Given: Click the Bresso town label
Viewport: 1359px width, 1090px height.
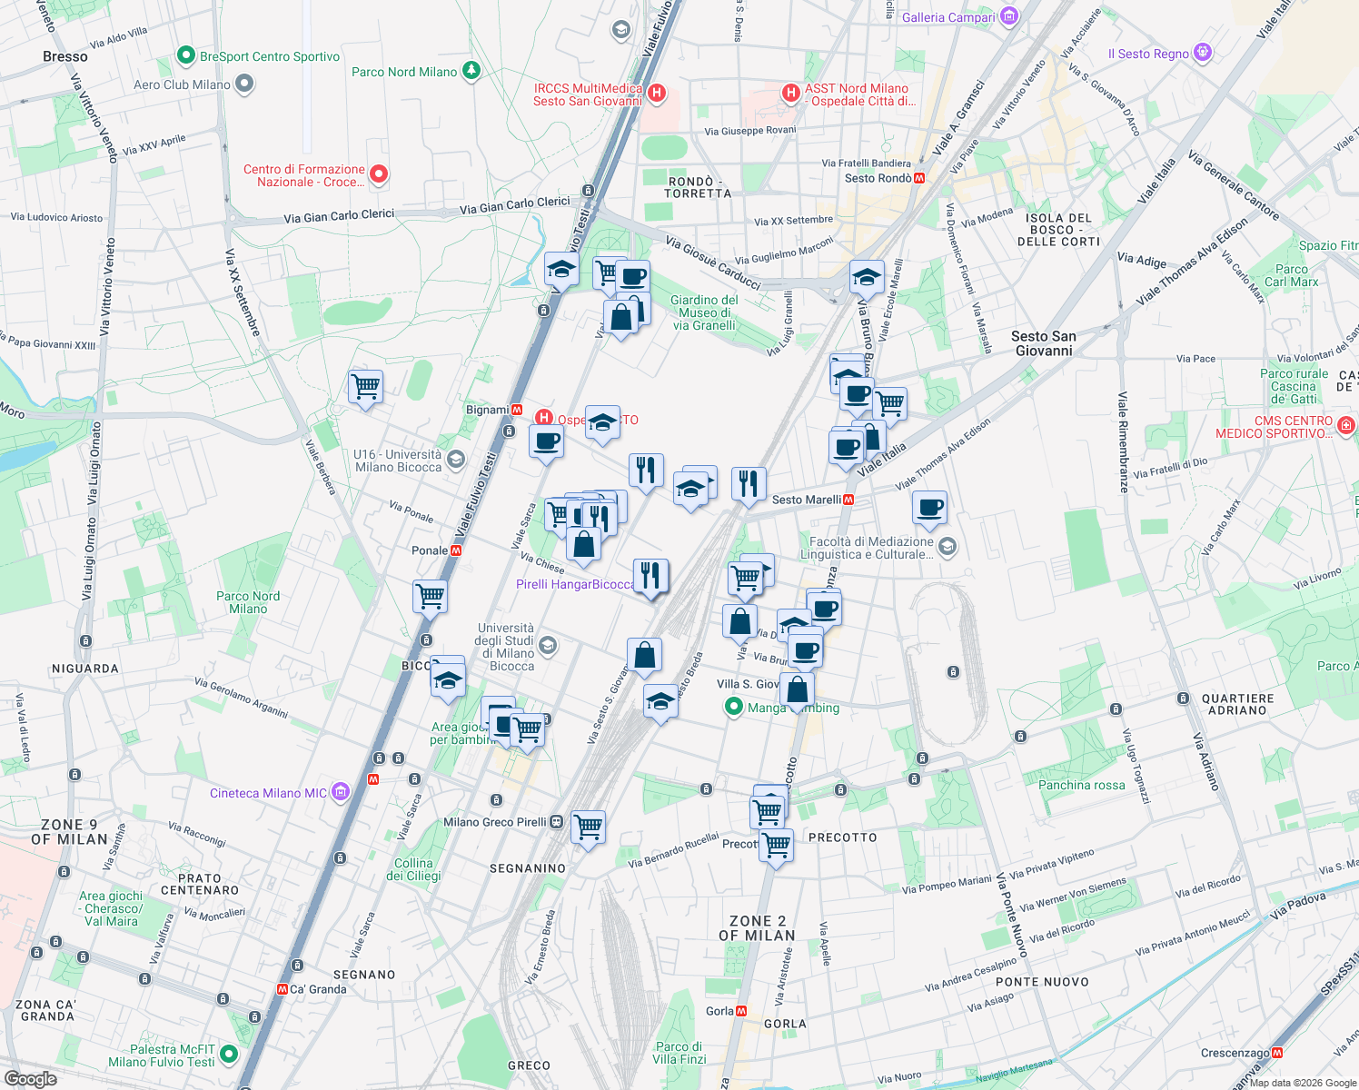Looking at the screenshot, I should (65, 56).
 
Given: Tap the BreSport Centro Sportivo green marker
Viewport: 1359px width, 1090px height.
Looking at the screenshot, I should (186, 56).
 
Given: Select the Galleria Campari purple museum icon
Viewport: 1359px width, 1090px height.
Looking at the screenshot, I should (1009, 16).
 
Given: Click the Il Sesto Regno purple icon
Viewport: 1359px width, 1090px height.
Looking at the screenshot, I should (1203, 53).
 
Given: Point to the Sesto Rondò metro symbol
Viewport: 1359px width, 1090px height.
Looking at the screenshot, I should (919, 178).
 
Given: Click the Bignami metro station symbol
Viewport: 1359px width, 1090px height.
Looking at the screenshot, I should (517, 410).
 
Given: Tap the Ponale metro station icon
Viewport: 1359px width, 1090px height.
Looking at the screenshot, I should (456, 550).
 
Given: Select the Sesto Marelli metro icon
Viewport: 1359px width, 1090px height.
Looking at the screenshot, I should (848, 500).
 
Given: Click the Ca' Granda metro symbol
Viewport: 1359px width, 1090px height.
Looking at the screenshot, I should (282, 989).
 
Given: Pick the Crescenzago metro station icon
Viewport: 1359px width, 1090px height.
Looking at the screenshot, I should (1277, 1053).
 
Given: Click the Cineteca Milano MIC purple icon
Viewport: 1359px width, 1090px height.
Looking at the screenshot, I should (340, 792).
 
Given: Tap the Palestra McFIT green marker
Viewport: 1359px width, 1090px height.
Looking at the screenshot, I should (229, 1055).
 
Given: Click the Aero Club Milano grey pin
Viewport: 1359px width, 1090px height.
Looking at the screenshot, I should (244, 84).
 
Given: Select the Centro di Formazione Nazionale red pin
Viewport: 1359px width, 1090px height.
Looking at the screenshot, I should (379, 174).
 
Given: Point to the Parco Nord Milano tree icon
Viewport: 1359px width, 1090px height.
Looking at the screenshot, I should (471, 71).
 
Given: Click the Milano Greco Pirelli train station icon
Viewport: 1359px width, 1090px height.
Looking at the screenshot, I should (557, 822).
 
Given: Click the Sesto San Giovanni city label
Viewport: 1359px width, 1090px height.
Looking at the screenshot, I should (1044, 343).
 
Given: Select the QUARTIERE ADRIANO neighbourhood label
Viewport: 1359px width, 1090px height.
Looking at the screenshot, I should (1237, 704).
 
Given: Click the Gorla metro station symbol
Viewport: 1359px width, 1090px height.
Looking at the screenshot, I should (741, 1011).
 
